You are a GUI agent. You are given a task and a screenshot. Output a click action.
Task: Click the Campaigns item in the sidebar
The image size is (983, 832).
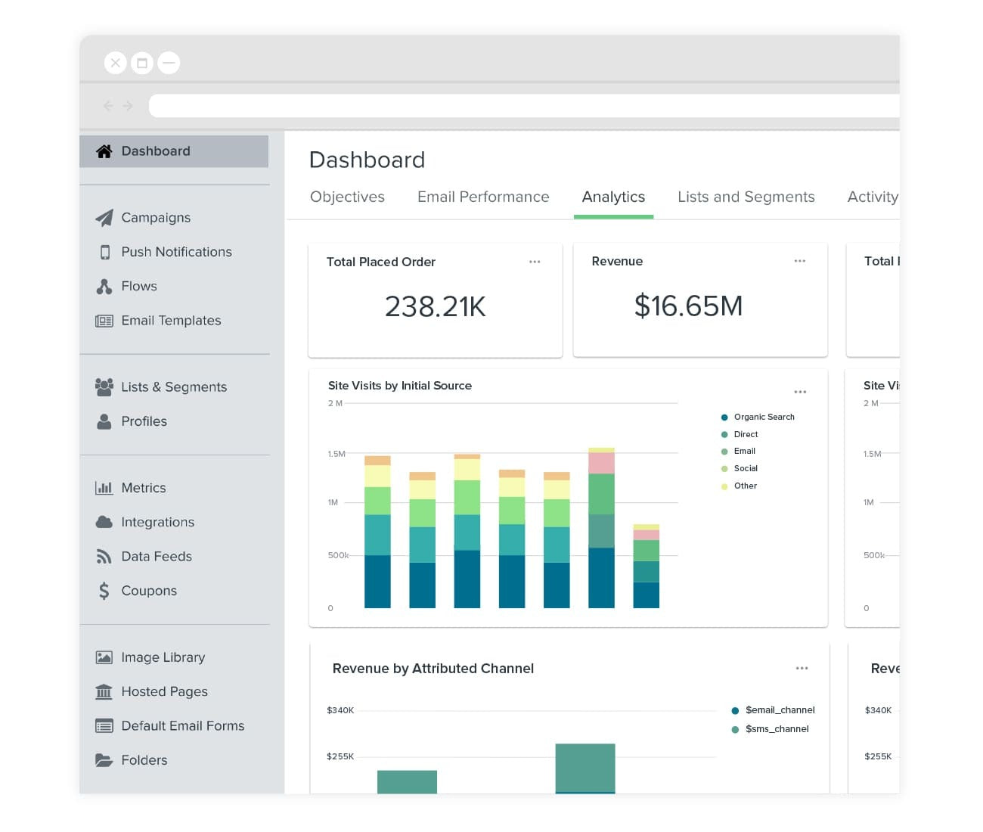tap(155, 218)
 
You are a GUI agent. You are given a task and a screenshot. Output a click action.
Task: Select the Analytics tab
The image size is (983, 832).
tap(613, 197)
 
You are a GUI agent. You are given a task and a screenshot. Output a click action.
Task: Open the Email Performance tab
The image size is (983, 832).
tap(483, 197)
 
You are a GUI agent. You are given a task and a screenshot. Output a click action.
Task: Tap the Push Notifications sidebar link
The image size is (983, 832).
tap(175, 252)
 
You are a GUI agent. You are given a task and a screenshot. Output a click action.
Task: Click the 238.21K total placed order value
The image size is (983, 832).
tap(435, 306)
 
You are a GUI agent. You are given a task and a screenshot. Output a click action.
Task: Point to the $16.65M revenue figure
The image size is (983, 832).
tap(688, 306)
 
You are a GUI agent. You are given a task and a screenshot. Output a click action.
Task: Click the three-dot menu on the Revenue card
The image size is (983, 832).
tap(799, 261)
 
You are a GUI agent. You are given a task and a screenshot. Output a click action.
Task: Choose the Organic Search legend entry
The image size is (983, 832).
tap(763, 417)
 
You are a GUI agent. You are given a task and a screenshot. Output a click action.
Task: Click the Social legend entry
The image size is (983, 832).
tap(745, 468)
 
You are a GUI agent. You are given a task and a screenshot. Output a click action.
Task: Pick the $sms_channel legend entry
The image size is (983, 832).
tap(776, 729)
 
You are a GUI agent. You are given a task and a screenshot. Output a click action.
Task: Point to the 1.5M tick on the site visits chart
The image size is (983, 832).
tap(336, 454)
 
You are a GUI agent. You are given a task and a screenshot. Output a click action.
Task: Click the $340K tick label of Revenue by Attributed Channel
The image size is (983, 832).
tap(340, 710)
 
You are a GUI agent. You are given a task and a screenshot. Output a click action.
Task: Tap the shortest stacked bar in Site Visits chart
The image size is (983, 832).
tap(646, 567)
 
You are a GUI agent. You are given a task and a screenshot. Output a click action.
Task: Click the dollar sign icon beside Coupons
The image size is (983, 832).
tap(104, 591)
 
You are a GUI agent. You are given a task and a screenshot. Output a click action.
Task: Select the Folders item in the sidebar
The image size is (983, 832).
tap(144, 760)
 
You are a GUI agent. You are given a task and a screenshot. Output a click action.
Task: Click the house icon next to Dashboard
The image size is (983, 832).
tap(104, 151)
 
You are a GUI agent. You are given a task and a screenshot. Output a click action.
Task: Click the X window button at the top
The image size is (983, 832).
tap(115, 63)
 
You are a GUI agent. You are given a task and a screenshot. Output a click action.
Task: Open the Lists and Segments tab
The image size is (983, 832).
tap(746, 197)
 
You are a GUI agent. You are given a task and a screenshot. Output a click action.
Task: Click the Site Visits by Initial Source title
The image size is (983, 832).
tap(399, 386)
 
